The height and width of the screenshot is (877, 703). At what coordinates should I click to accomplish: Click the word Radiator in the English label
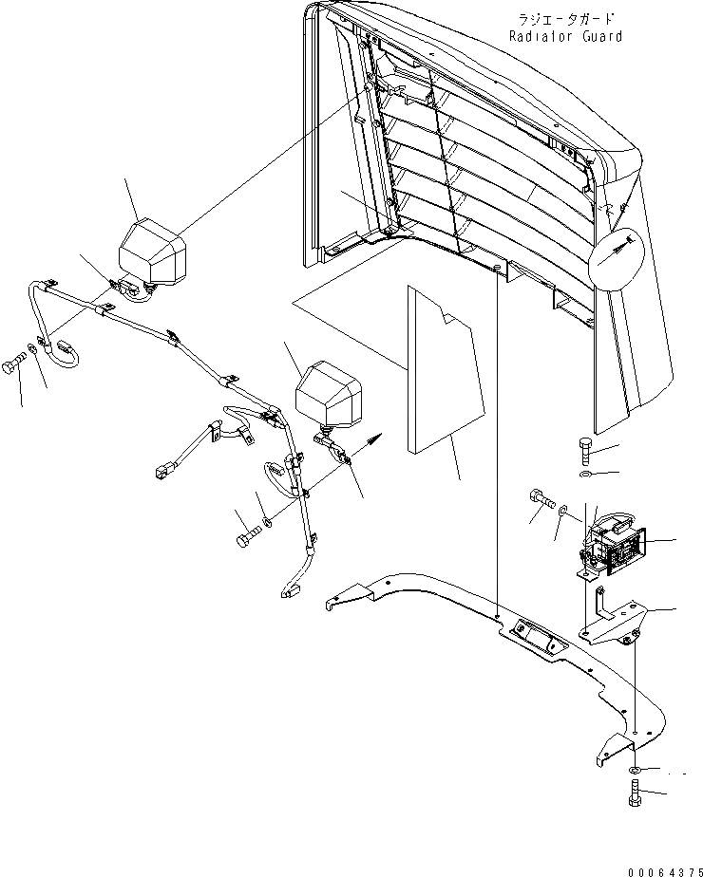[x=538, y=37]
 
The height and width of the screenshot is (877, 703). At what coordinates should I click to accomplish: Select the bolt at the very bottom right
[x=636, y=791]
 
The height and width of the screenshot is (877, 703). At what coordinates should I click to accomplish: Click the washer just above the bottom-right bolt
[x=636, y=768]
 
